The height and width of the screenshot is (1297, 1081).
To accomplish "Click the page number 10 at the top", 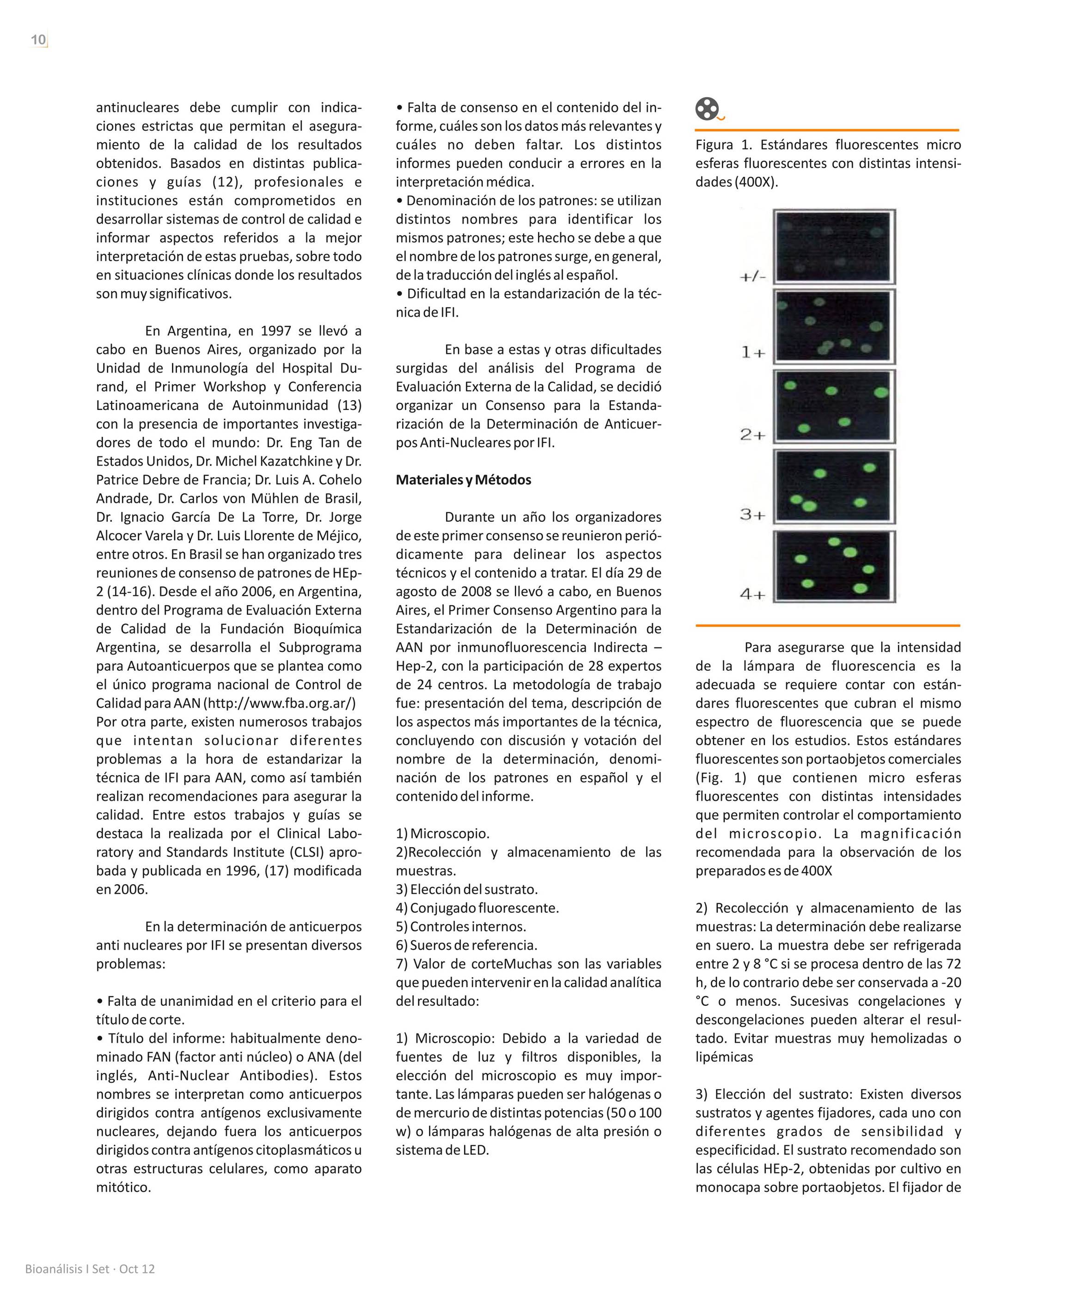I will (38, 40).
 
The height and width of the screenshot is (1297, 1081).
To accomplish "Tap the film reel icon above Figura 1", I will (707, 110).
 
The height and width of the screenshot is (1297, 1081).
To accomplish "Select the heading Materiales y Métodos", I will (463, 480).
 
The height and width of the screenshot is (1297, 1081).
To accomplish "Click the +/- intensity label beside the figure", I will (753, 277).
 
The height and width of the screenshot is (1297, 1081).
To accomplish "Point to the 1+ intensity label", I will (753, 353).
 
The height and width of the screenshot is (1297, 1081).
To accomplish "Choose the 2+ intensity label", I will (752, 435).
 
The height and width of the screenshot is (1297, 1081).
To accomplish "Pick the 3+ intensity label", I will (752, 514).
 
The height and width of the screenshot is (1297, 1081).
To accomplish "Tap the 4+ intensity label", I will (752, 594).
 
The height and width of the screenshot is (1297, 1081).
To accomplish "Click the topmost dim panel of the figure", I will (833, 246).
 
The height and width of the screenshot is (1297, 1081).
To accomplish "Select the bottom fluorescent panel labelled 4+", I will (833, 566).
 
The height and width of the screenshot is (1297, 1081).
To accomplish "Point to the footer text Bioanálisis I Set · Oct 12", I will (90, 1269).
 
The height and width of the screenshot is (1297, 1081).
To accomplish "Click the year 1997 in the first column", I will (275, 331).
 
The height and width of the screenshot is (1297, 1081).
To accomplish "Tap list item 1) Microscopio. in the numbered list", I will (442, 834).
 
